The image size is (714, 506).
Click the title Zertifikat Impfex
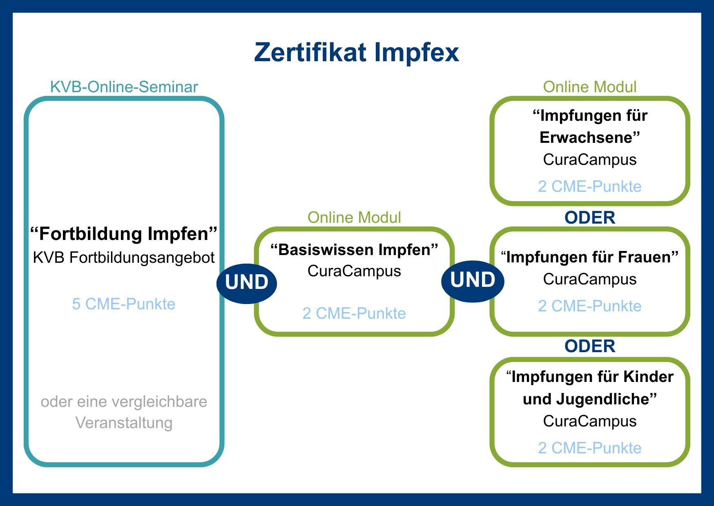[357, 52]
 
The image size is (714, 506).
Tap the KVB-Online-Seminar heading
[124, 87]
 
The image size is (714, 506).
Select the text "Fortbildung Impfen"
[124, 234]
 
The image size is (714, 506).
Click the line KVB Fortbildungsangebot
[124, 257]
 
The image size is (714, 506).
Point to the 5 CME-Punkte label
[124, 304]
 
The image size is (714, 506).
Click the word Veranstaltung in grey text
[124, 423]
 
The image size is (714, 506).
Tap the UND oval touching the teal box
[247, 282]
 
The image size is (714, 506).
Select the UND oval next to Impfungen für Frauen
[473, 280]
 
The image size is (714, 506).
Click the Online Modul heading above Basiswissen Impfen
[354, 217]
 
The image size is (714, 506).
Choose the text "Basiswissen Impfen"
[354, 249]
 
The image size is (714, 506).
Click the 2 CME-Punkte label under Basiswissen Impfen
[354, 313]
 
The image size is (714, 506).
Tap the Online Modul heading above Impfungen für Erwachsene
[589, 87]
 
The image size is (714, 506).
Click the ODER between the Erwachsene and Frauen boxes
[589, 217]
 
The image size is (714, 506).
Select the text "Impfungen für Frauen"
[589, 257]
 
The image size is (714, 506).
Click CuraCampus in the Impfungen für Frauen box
[589, 279]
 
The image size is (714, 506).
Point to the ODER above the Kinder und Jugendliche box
[589, 346]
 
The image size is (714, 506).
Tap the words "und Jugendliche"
[589, 399]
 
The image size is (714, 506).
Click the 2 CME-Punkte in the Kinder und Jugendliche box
[589, 448]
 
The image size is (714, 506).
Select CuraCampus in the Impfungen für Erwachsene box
[589, 160]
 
